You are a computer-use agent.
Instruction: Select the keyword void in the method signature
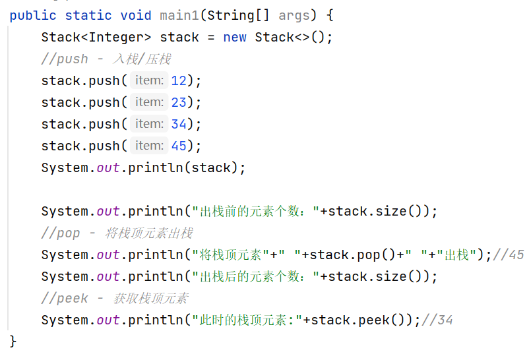(135, 15)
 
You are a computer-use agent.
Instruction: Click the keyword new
(235, 37)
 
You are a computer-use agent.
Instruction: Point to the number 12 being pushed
(179, 80)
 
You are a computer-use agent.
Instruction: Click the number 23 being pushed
(179, 102)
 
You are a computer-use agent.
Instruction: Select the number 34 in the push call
(179, 124)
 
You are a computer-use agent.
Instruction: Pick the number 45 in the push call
(179, 146)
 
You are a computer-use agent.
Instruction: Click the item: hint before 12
(149, 80)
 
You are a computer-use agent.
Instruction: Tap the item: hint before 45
(149, 146)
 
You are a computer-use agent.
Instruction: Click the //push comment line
(106, 59)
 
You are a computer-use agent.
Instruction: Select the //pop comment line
(117, 233)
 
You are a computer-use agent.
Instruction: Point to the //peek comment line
(114, 298)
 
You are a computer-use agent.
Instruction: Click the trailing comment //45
(509, 255)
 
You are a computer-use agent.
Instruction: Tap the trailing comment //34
(437, 320)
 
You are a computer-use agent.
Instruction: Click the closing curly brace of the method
(13, 341)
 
